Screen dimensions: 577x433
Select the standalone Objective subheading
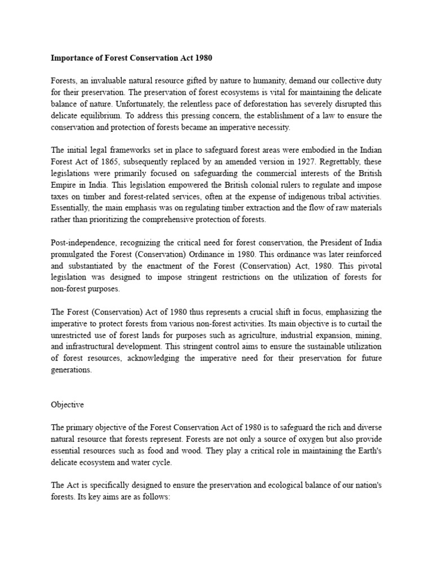[x=67, y=405]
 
